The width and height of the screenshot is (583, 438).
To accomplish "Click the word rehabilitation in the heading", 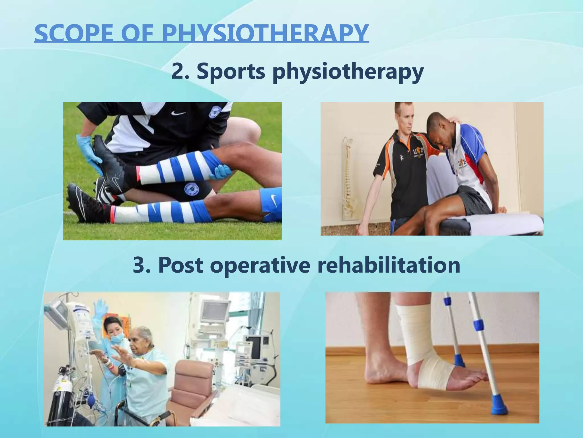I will click(x=389, y=265).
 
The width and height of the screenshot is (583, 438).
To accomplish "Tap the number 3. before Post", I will click(x=142, y=265).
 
